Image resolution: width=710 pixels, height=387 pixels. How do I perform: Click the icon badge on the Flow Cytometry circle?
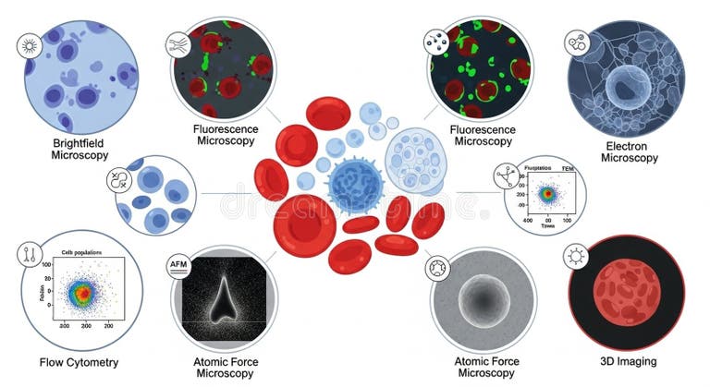coord(30,256)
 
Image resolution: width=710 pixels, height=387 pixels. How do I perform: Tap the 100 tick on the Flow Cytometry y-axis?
coord(43,265)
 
